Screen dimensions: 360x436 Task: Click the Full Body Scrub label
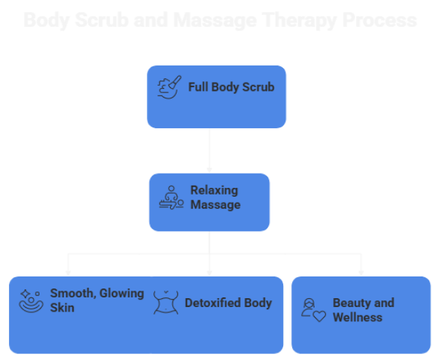pos(231,87)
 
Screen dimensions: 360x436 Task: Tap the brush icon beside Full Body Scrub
pos(169,87)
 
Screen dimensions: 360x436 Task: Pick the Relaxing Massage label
pos(216,198)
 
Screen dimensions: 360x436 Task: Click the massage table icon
pos(171,198)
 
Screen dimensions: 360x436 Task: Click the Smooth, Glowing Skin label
pos(97,300)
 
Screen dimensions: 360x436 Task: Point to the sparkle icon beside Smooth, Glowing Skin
pos(31,300)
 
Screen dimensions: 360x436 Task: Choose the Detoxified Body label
pos(228,303)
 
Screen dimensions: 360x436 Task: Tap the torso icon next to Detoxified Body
pos(166,303)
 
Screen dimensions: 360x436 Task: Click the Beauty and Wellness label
pos(363,310)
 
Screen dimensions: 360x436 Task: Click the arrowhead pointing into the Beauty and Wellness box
pos(361,272)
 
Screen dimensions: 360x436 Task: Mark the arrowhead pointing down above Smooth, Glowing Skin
pos(69,272)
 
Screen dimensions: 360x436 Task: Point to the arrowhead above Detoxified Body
pos(209,272)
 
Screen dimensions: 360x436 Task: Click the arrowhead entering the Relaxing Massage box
pos(209,169)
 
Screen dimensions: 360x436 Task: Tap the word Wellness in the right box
pos(357,318)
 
